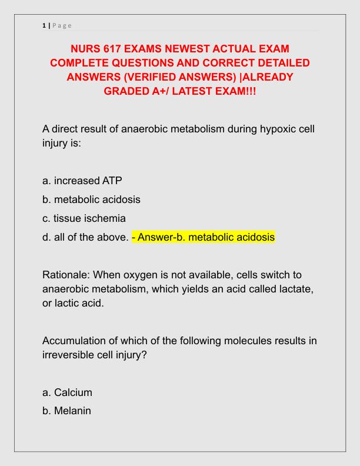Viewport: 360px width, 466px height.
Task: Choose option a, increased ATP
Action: [82, 180]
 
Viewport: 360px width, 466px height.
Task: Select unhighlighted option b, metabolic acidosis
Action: [92, 199]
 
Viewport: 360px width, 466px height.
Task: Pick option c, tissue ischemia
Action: [84, 219]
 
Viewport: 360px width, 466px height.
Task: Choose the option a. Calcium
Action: [68, 392]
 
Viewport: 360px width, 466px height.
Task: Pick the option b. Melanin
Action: [67, 411]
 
